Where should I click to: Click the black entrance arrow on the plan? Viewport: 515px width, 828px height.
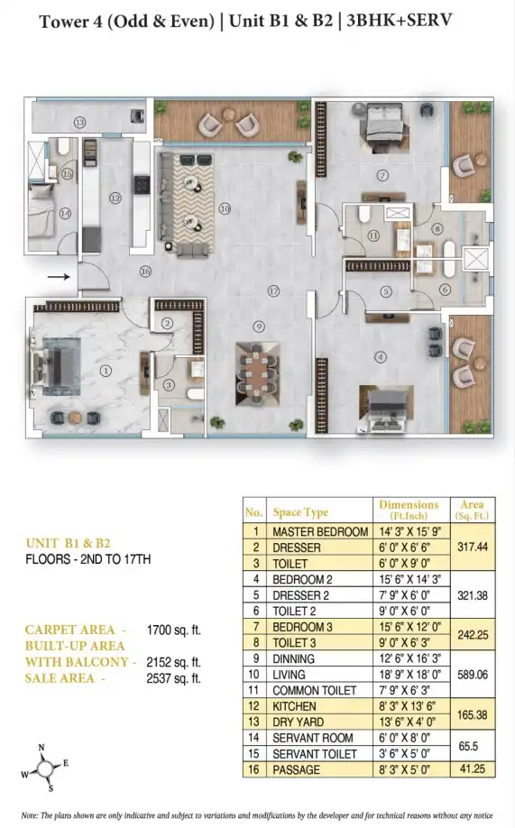[x=59, y=276]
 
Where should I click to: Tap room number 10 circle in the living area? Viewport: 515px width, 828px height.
[x=225, y=208]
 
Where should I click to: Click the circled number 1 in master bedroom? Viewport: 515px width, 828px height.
[x=106, y=372]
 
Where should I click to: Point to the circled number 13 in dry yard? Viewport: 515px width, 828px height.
[x=79, y=123]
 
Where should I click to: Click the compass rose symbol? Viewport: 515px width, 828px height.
[x=46, y=768]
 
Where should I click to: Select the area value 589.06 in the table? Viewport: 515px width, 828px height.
[x=473, y=675]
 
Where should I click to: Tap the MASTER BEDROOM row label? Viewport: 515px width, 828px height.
[x=320, y=532]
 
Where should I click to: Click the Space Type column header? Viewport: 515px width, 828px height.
[x=300, y=511]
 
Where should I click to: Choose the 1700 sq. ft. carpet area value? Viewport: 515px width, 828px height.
[x=174, y=630]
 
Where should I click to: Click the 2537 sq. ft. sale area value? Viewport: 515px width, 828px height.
[x=174, y=678]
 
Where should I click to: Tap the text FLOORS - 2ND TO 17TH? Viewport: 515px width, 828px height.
[x=88, y=558]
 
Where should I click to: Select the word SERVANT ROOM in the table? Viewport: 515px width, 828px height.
[x=313, y=738]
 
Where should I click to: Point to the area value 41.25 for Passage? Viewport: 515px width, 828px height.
[x=473, y=768]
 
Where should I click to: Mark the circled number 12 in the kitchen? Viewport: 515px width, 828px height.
[x=115, y=198]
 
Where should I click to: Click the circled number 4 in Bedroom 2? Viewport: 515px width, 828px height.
[x=381, y=357]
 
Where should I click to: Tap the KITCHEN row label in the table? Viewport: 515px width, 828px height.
[x=294, y=706]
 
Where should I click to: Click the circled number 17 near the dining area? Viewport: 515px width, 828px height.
[x=273, y=291]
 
